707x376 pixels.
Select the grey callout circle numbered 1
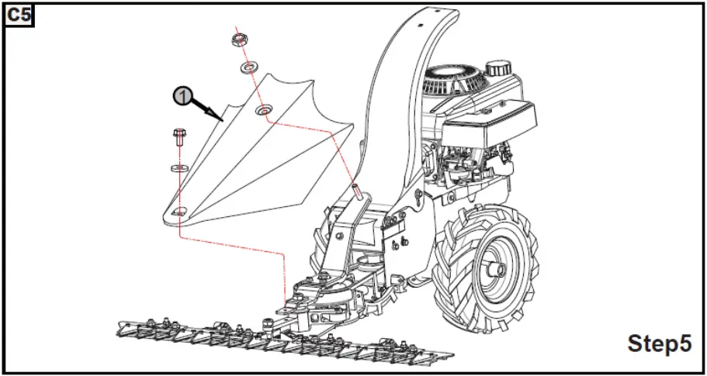181,95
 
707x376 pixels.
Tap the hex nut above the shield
238,39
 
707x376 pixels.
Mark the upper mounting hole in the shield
264,110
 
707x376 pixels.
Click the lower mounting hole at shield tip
180,212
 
